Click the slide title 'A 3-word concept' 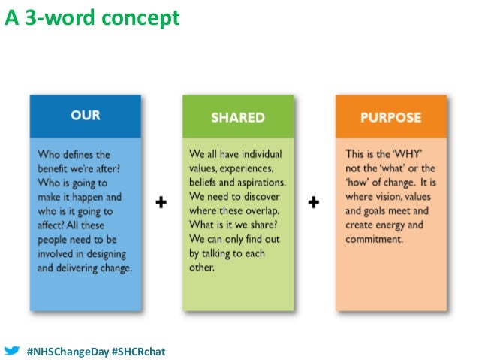pos(92,17)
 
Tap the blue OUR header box pos(85,116)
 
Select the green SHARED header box pos(237,117)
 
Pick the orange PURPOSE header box pos(390,118)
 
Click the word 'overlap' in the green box pos(267,210)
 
